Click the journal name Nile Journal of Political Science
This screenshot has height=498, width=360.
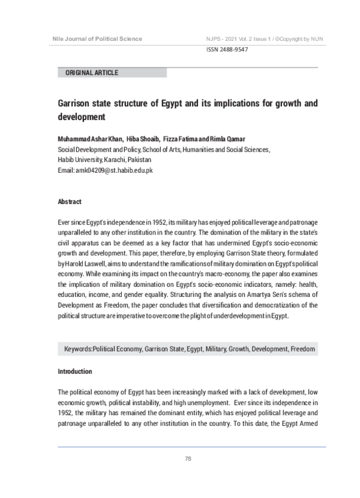97,39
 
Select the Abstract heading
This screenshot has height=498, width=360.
69,202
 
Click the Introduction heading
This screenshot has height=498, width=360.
74,371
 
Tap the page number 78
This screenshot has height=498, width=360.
188,459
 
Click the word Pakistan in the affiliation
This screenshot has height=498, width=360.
139,160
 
